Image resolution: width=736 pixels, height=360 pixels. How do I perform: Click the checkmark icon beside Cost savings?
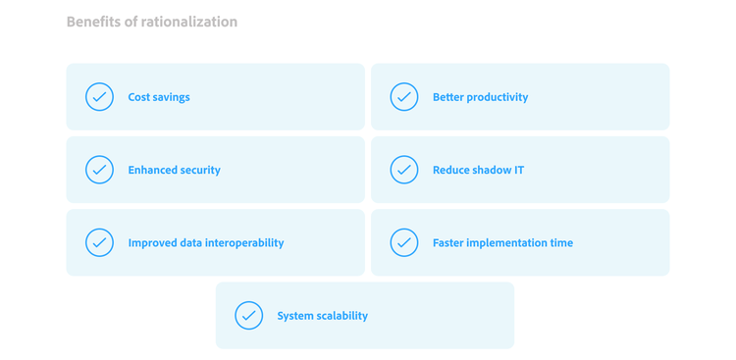click(x=99, y=97)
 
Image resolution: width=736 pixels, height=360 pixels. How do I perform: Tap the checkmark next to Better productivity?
click(x=404, y=97)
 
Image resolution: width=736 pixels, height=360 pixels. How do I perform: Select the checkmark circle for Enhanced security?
click(x=99, y=170)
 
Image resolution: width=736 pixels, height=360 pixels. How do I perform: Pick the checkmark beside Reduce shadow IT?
click(x=404, y=170)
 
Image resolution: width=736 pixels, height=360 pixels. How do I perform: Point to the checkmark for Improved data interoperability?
click(x=99, y=242)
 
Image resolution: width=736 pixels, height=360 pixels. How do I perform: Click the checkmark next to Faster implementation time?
click(x=404, y=242)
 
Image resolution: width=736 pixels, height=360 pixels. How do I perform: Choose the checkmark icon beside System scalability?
click(x=249, y=316)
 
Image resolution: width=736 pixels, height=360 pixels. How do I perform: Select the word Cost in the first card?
click(x=140, y=97)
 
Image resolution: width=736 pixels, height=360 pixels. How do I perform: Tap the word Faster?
click(x=449, y=243)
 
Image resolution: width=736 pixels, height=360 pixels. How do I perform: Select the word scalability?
click(x=341, y=316)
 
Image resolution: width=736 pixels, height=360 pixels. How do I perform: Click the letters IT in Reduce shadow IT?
click(x=518, y=170)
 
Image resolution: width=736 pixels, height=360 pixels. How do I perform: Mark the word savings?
click(x=173, y=97)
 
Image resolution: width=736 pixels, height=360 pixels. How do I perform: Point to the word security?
click(x=201, y=170)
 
